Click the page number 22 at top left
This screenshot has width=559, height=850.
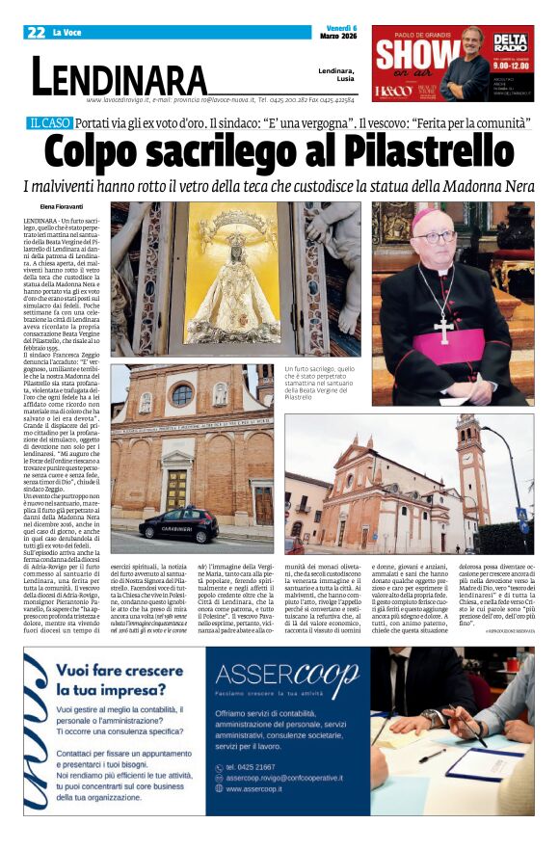(x=37, y=33)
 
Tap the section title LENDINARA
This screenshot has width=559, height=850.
(x=120, y=76)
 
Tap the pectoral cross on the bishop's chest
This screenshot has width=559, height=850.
(x=443, y=326)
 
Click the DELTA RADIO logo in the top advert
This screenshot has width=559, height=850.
(x=510, y=42)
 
